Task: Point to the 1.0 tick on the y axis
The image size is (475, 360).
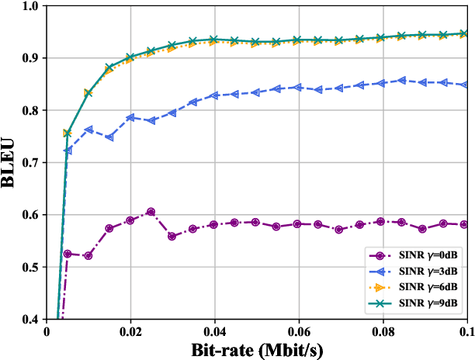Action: pos(29,6)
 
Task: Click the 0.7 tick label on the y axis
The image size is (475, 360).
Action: pos(29,163)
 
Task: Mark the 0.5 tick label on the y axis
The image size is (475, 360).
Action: pos(29,267)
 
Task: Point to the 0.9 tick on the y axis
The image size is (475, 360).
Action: pos(29,58)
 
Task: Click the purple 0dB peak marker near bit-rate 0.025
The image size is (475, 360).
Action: pos(151,211)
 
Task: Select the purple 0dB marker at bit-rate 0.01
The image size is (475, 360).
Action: pos(88,255)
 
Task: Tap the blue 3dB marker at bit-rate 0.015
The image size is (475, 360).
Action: pos(109,137)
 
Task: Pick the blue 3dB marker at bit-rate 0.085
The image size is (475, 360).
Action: pos(402,80)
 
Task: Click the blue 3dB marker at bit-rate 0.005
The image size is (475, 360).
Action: pos(68,150)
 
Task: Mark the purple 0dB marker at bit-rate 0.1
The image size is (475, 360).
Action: pos(464,224)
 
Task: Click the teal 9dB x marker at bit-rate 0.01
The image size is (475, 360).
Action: pos(88,92)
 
